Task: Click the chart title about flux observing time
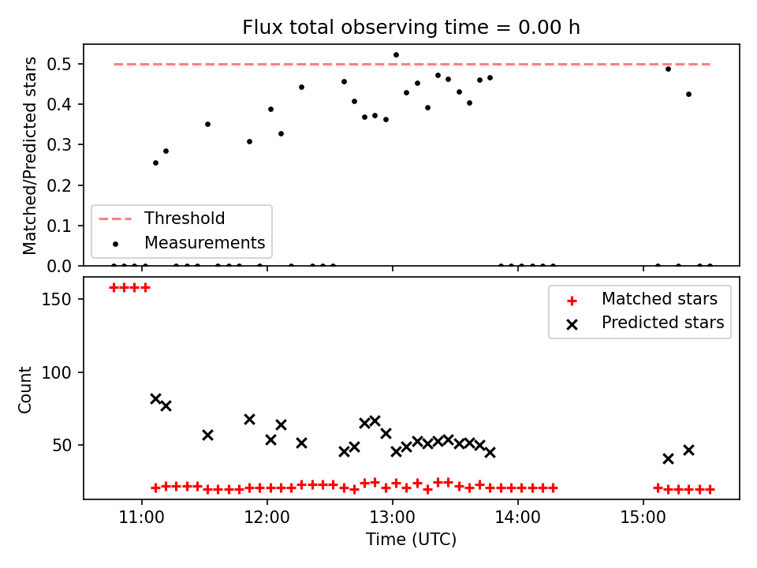tap(411, 28)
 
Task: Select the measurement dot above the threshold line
tap(396, 55)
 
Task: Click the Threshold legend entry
tap(162, 219)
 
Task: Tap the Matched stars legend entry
tap(642, 299)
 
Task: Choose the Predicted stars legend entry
tap(645, 323)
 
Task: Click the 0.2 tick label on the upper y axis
tap(59, 185)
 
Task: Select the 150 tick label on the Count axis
tap(56, 300)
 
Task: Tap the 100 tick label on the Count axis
tap(56, 372)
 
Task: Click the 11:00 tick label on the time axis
tap(141, 518)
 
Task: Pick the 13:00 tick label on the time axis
tap(393, 518)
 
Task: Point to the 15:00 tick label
tap(643, 518)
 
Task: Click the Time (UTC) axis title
tap(411, 539)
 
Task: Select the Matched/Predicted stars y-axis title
tap(29, 155)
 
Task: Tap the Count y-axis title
tap(24, 390)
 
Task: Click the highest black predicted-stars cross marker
tap(155, 399)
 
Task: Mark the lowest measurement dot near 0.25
tap(155, 163)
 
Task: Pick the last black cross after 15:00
tap(688, 450)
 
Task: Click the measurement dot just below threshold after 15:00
tap(668, 69)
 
